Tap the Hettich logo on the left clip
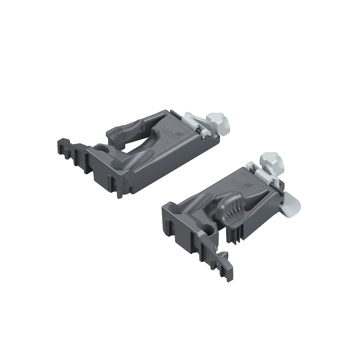[x=168, y=133]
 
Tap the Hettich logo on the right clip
[x=238, y=184]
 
